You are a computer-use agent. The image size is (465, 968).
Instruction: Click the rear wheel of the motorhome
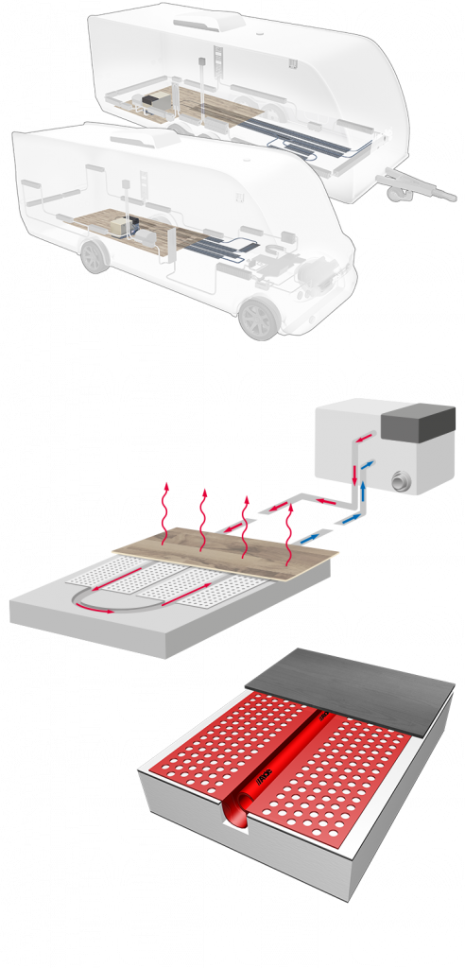click(93, 255)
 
